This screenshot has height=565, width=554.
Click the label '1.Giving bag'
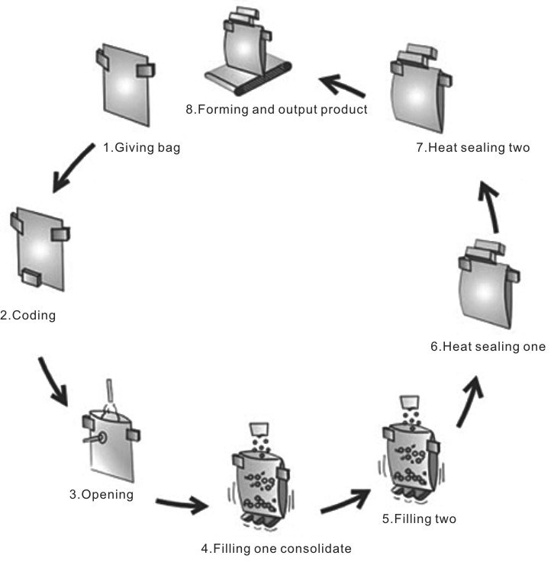tap(142, 148)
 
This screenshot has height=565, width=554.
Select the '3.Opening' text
tap(101, 494)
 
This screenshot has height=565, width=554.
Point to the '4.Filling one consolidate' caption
tap(275, 547)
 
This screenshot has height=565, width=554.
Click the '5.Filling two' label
tap(419, 519)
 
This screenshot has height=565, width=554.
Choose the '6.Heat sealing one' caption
tap(487, 347)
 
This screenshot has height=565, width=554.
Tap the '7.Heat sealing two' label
tap(473, 148)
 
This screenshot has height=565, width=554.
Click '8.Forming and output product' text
tap(276, 109)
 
